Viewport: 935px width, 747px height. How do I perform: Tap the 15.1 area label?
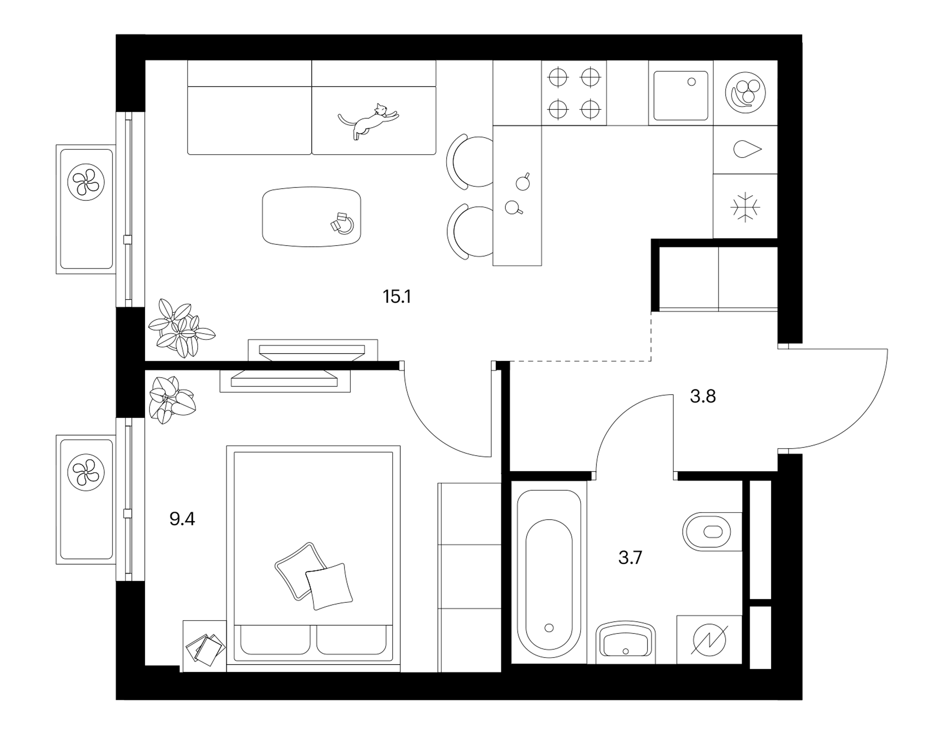pyautogui.click(x=397, y=297)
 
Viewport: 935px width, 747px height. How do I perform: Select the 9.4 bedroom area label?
pyautogui.click(x=182, y=519)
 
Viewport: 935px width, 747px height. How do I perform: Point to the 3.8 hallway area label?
pyautogui.click(x=703, y=396)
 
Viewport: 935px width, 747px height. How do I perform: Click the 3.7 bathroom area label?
pyautogui.click(x=630, y=557)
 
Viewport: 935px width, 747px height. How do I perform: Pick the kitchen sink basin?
pyautogui.click(x=681, y=95)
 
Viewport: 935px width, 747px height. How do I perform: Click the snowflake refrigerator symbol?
pyautogui.click(x=745, y=207)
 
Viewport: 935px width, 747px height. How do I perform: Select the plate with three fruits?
pyautogui.click(x=745, y=93)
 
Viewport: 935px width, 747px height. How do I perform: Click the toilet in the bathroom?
pyautogui.click(x=711, y=531)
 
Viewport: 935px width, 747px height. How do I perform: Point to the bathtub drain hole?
pyautogui.click(x=549, y=628)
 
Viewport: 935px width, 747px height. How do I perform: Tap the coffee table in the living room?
pyautogui.click(x=312, y=217)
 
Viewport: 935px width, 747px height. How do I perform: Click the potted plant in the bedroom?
pyautogui.click(x=170, y=400)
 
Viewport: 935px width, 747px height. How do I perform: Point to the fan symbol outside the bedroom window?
pyautogui.click(x=86, y=472)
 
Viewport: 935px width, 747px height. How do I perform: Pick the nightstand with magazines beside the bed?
pyautogui.click(x=204, y=646)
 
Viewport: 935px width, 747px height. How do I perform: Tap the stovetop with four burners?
pyautogui.click(x=574, y=93)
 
